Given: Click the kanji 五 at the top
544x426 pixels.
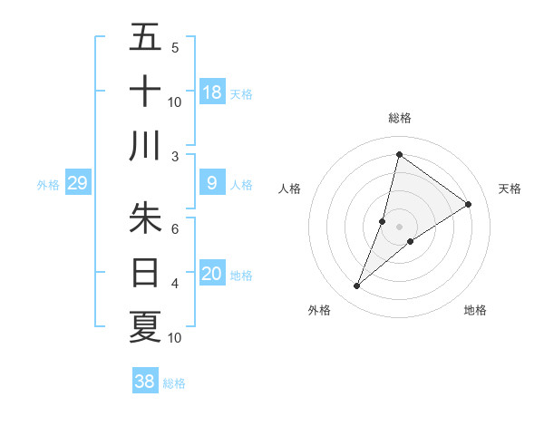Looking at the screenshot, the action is coord(145,37).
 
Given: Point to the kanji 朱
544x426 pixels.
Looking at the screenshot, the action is coord(145,218).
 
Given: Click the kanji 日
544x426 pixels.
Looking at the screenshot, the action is coord(145,271).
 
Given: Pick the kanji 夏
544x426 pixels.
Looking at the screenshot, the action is coord(145,325).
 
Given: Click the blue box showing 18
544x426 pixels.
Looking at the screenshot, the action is coord(212,92).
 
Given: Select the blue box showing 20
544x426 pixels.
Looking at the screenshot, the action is coord(212,274).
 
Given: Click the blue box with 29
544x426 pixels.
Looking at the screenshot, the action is coord(78,184).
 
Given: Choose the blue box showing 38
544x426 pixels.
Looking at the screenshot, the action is coord(145,382).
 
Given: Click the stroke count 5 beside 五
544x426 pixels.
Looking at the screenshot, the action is coord(175,48).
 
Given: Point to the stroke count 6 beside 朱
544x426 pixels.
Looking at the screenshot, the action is coord(175,229).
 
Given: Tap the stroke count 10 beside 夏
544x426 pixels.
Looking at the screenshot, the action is coord(175,338).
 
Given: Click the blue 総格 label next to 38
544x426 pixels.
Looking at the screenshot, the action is coord(174,383).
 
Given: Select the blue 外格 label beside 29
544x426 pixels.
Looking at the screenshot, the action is coord(48,185).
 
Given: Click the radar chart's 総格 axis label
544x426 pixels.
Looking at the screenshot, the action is coord(399,118).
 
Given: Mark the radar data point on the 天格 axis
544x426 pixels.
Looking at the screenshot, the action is coord(469,204).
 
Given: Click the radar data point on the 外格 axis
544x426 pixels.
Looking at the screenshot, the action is coord(357,286).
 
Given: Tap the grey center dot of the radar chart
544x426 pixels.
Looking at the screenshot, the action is coord(399,227).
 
